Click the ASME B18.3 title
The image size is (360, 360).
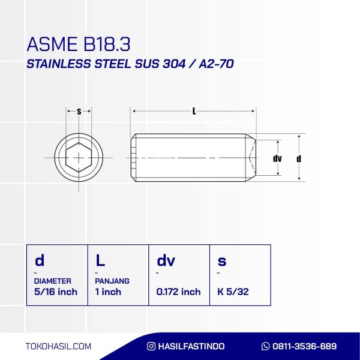pyautogui.click(x=79, y=44)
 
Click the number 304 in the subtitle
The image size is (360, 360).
pyautogui.click(x=174, y=64)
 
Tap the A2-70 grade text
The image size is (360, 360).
pyautogui.click(x=216, y=64)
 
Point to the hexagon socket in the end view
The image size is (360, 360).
pyautogui.click(x=79, y=157)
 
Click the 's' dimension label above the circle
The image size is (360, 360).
pyautogui.click(x=79, y=112)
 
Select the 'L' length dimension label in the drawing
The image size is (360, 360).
pyautogui.click(x=194, y=112)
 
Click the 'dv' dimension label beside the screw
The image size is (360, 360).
pyautogui.click(x=277, y=158)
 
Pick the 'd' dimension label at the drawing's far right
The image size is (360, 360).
pyautogui.click(x=299, y=158)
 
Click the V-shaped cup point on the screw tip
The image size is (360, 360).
pyautogui.click(x=252, y=157)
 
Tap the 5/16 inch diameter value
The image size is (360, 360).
pyautogui.click(x=56, y=292)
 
